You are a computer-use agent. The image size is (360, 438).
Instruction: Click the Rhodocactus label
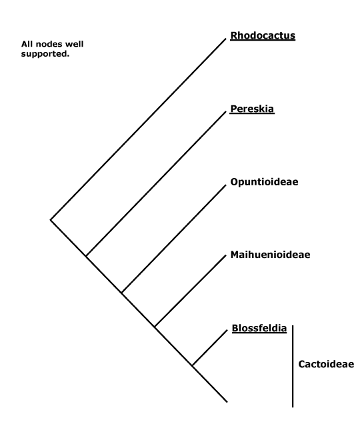coord(263,36)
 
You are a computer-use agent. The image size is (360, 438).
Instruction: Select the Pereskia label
coord(252,109)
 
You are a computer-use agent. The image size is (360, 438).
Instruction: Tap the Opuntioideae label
coord(264,182)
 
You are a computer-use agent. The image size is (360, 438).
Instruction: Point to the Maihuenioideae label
coord(270,255)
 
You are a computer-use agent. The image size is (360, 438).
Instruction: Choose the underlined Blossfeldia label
coord(259,328)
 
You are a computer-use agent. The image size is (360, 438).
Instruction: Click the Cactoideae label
coord(326,364)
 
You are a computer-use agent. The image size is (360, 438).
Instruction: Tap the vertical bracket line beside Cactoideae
coord(293,366)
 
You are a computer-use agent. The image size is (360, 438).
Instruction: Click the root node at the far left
coord(51,220)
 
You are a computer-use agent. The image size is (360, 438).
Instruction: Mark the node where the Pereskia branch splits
coord(86,256)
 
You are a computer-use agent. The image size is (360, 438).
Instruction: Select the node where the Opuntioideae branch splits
coord(122,293)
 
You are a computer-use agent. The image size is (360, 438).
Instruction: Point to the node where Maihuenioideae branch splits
coord(155,327)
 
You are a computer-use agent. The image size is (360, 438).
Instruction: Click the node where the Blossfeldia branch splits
coord(193,365)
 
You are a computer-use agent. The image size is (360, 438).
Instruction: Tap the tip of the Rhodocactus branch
coord(225,39)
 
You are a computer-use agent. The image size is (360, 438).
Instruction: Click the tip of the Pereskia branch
coord(225,112)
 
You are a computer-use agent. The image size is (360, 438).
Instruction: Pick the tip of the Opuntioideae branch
coord(225,185)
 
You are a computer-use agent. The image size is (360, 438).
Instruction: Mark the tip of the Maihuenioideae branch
coord(225,255)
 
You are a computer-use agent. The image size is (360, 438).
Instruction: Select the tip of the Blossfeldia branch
coord(227,331)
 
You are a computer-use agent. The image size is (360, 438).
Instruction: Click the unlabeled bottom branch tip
coord(227,402)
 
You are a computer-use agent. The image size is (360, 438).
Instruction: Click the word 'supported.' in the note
coord(45,54)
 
